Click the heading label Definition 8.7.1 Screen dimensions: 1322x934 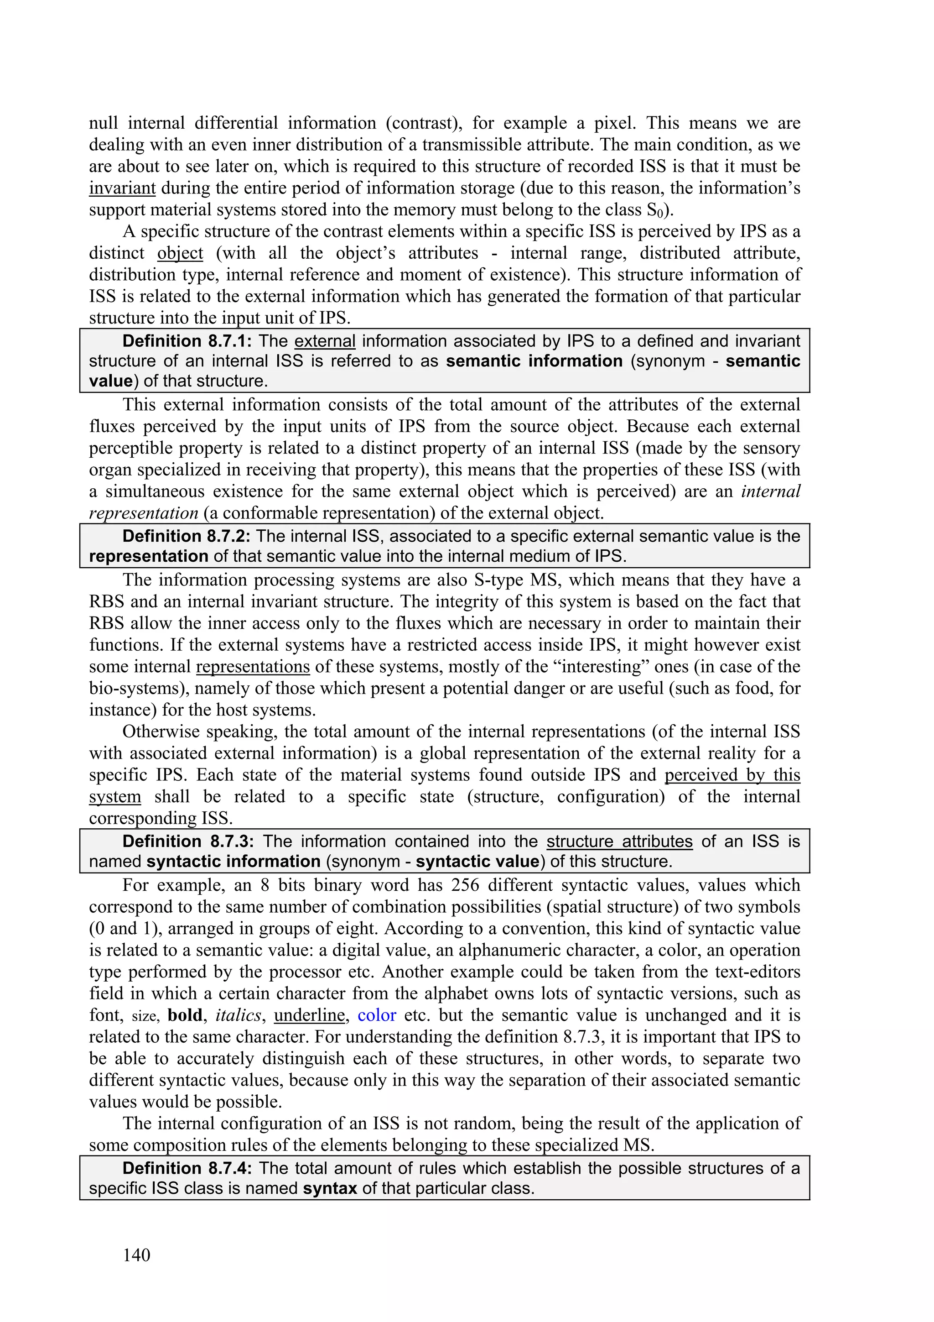(x=187, y=341)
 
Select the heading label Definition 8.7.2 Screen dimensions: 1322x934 (x=186, y=536)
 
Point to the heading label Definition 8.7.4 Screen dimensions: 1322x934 (x=186, y=1168)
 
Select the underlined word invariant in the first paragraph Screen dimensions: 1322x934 (x=122, y=188)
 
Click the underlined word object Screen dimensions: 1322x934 (x=180, y=253)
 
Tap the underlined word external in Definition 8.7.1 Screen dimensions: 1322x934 (x=325, y=341)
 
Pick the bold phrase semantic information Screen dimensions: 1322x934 (x=534, y=361)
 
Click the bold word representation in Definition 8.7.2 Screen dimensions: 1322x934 (x=149, y=556)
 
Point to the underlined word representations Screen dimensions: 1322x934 (x=253, y=667)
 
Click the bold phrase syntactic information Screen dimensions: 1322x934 (x=233, y=862)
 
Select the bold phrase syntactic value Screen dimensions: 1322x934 (x=477, y=862)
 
